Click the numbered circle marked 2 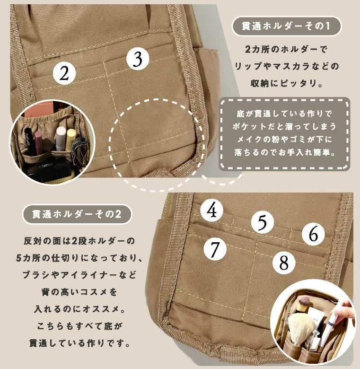tap(64, 73)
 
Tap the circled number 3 tap(138, 59)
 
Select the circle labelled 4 tap(212, 210)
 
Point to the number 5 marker tap(262, 222)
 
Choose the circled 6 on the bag tap(313, 234)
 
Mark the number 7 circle tap(215, 249)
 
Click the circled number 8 tap(284, 263)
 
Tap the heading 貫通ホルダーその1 tap(286, 26)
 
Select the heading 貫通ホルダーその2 tap(77, 214)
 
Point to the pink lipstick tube tap(38, 142)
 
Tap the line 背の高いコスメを tap(79, 292)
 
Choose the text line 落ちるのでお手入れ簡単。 tap(285, 153)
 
